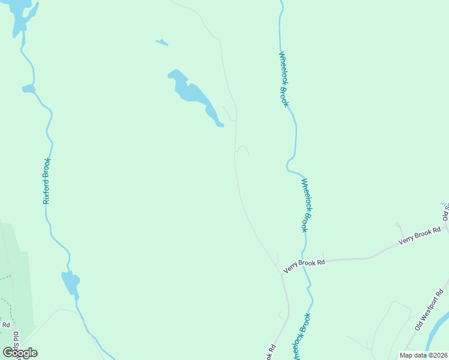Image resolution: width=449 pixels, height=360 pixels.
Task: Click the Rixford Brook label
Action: [47, 181]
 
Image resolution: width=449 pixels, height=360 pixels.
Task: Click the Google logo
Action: [20, 352]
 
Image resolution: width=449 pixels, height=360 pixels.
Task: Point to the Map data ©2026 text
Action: [423, 355]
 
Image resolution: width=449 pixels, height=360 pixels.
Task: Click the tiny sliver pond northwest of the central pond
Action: [162, 43]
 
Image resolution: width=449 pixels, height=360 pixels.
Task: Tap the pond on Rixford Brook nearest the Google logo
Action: [70, 282]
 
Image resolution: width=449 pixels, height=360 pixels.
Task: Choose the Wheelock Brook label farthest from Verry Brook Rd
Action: [283, 79]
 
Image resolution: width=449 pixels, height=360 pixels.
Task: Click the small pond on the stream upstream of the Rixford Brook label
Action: [28, 89]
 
